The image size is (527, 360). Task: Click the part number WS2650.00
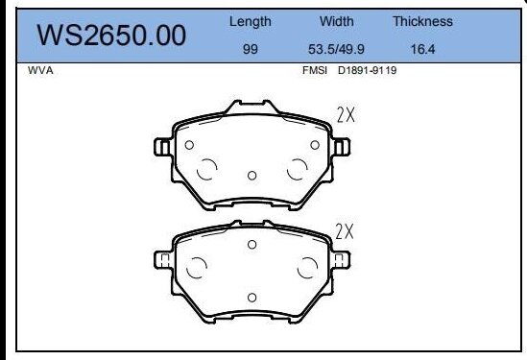point(110,36)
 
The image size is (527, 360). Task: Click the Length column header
point(251,21)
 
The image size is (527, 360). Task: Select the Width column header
point(335,21)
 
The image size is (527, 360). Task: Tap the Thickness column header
point(422,21)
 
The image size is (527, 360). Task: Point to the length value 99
point(251,49)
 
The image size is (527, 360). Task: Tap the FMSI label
point(315,70)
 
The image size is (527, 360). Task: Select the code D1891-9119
point(366,70)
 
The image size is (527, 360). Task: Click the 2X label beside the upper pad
point(347,116)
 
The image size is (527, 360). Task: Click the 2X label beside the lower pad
point(346,231)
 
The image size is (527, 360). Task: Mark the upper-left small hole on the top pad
point(189,145)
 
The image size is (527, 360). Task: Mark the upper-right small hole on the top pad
point(315,145)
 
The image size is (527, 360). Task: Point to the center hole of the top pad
point(252,175)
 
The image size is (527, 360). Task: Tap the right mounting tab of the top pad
point(341,146)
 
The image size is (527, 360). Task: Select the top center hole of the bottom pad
point(252,245)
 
